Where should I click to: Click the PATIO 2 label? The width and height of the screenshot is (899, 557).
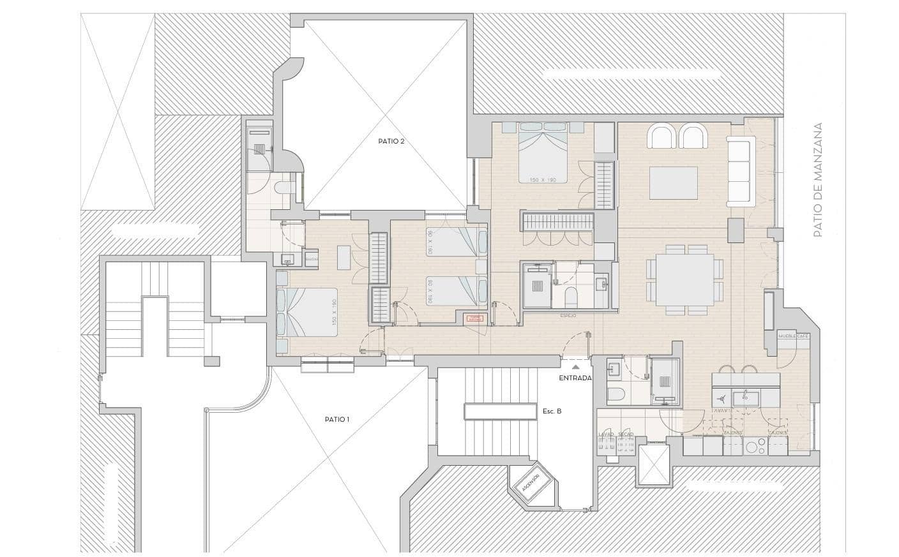(391, 141)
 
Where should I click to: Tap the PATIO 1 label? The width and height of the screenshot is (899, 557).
(337, 419)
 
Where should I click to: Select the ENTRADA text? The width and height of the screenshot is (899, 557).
(575, 378)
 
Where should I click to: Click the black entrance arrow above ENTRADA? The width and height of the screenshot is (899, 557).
(575, 367)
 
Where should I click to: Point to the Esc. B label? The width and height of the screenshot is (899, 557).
(552, 412)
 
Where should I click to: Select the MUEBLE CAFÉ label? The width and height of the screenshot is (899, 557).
(794, 336)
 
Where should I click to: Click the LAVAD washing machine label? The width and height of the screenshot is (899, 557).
(606, 434)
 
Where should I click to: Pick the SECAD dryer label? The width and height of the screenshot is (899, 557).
(626, 434)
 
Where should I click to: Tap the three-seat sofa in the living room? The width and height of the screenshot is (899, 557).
(741, 170)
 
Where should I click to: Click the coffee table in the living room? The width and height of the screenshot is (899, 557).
(674, 182)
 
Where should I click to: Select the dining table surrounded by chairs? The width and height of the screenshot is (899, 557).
(685, 279)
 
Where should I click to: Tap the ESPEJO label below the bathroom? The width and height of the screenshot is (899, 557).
(568, 315)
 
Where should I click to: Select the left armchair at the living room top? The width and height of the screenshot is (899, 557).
(661, 137)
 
